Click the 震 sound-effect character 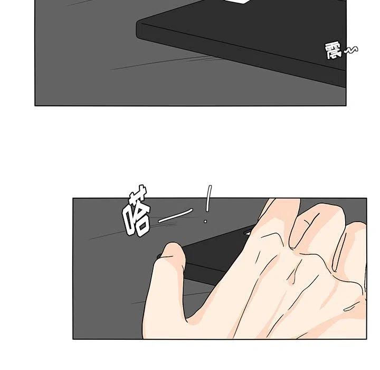333,51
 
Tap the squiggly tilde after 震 350,50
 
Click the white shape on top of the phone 238,2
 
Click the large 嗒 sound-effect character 136,211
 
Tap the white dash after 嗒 175,216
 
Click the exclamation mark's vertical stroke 208,198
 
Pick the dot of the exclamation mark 205,221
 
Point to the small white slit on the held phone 248,233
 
